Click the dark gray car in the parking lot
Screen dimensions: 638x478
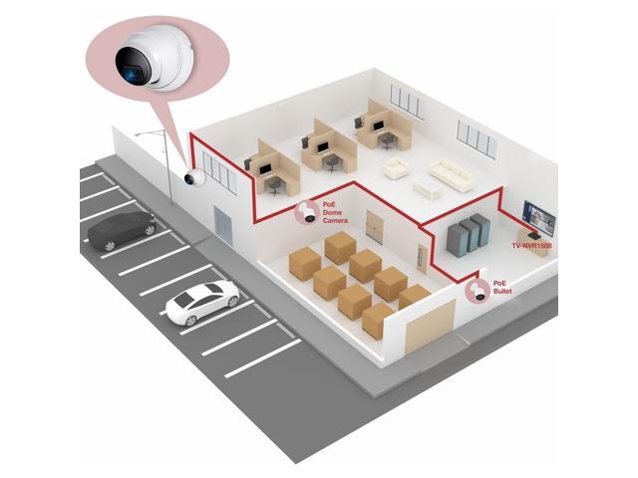pos(121,231)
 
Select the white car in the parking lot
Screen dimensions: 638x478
pos(201,302)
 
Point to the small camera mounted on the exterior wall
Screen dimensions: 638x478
pos(193,178)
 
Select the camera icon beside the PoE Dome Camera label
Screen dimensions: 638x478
pos(306,211)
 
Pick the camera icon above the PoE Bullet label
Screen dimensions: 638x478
pos(477,293)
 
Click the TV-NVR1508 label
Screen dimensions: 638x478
pos(530,245)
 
